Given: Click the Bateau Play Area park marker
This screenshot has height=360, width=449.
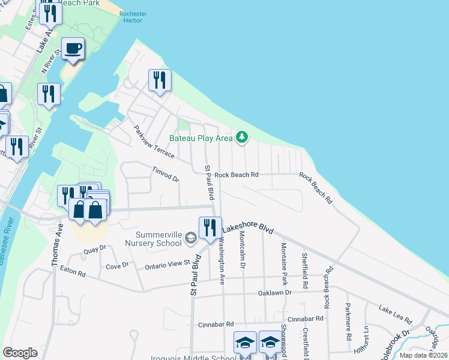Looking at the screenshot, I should pyautogui.click(x=242, y=138).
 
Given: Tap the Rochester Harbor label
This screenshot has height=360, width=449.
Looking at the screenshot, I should pyautogui.click(x=131, y=17).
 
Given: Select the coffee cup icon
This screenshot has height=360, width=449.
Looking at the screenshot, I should pyautogui.click(x=73, y=49).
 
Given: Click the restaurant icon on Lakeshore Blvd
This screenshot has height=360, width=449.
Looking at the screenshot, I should pyautogui.click(x=210, y=227).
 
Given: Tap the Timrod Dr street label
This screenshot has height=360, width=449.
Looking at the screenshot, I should pyautogui.click(x=166, y=175).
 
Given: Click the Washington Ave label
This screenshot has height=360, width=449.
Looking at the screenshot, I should pyautogui.click(x=221, y=261).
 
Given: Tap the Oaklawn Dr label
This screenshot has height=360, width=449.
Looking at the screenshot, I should pyautogui.click(x=274, y=293).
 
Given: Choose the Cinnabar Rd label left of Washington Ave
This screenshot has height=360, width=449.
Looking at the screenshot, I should pyautogui.click(x=215, y=324).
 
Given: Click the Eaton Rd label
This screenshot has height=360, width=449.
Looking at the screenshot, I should pyautogui.click(x=73, y=272).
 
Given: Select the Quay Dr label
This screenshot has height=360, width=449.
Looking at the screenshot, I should pyautogui.click(x=95, y=248).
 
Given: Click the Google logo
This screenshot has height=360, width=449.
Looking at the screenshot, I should pyautogui.click(x=20, y=353).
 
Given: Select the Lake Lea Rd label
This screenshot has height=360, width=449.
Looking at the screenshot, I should pyautogui.click(x=395, y=313).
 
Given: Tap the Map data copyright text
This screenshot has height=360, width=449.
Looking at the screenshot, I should pyautogui.click(x=423, y=355).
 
